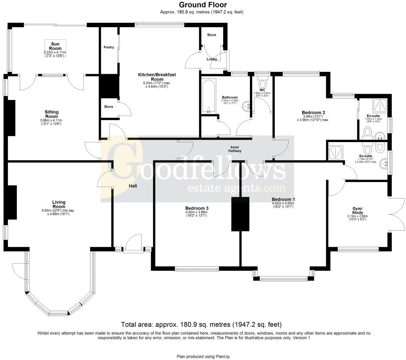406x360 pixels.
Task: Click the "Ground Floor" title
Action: (203, 5)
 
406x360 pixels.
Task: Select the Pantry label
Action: (109, 47)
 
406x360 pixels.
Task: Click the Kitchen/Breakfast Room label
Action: (157, 77)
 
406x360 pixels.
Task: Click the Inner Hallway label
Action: (235, 149)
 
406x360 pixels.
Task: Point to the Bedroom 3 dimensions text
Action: (197, 214)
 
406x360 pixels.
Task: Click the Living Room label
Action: (58, 204)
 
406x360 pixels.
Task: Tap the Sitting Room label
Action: (51, 114)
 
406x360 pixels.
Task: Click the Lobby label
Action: (212, 59)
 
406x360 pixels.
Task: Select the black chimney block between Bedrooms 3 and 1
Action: (240, 214)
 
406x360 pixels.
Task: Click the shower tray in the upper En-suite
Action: (380, 106)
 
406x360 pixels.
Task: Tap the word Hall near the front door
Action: (132, 186)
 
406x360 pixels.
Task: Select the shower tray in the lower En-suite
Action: (335, 152)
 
